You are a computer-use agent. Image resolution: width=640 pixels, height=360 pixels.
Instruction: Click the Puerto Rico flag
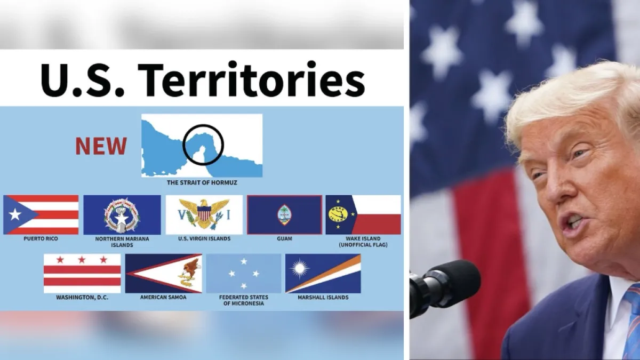tap(41, 215)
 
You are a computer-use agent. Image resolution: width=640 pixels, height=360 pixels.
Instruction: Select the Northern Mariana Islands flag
tap(122, 215)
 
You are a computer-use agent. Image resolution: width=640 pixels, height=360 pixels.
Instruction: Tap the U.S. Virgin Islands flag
tap(204, 215)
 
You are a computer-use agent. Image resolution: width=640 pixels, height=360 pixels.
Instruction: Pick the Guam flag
tap(285, 215)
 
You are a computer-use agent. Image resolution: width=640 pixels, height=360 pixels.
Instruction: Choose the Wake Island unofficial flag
tap(363, 215)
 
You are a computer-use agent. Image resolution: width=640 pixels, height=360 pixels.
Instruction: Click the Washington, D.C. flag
tap(82, 274)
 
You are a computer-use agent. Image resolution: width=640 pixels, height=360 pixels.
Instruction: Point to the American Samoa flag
tap(163, 274)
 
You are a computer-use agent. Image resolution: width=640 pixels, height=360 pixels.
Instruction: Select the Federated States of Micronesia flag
tap(244, 274)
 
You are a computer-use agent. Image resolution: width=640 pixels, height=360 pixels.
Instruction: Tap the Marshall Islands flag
tap(323, 274)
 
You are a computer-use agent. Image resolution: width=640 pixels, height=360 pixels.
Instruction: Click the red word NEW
tap(101, 146)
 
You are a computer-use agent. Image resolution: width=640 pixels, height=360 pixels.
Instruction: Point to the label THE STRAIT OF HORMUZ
tap(202, 182)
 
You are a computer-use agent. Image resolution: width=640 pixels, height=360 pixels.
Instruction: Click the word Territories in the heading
tap(251, 79)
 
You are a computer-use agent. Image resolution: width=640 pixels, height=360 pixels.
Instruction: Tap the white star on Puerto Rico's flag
tap(15, 214)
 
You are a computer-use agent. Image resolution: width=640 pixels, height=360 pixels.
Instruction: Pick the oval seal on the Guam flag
tap(285, 215)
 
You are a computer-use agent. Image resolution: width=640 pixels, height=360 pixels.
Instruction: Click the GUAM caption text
tap(285, 238)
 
